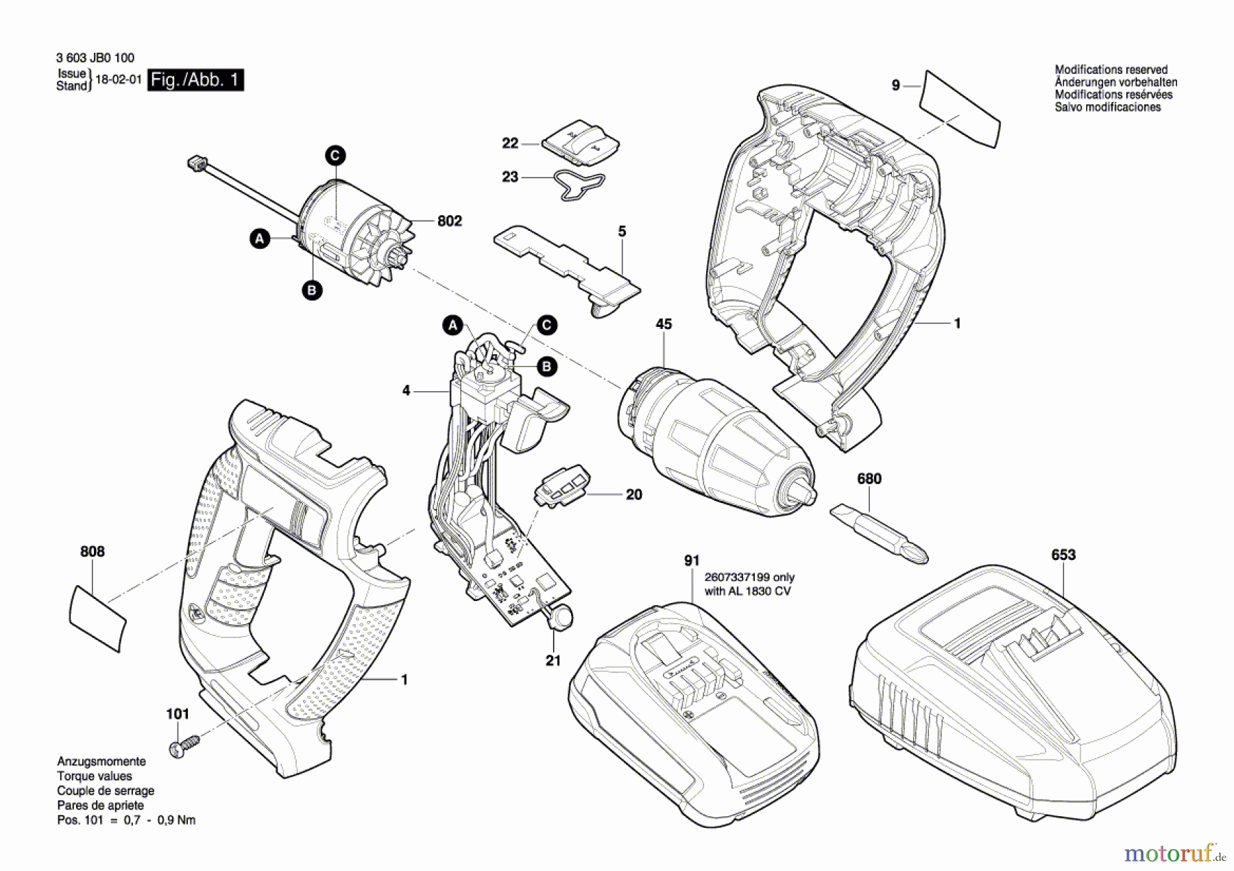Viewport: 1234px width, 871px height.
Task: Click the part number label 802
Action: click(x=449, y=221)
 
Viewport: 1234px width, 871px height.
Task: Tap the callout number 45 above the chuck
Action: click(x=664, y=324)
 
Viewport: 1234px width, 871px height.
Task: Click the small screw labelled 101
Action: click(x=183, y=746)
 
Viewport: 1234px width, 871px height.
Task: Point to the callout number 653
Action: click(x=1063, y=554)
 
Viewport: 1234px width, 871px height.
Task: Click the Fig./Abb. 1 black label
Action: click(x=195, y=80)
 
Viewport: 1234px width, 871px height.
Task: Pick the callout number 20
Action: click(x=634, y=495)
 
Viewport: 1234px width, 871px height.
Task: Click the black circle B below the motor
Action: click(x=312, y=291)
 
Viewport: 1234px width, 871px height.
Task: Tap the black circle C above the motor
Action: click(x=335, y=156)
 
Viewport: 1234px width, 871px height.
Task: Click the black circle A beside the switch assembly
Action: click(x=452, y=326)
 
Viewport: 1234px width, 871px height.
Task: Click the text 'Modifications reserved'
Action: click(x=1111, y=69)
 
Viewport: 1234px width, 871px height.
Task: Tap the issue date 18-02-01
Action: click(x=118, y=79)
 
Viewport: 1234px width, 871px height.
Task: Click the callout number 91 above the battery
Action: click(x=692, y=561)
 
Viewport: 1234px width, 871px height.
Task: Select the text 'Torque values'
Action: click(x=95, y=776)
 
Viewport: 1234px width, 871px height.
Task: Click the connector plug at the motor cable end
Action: click(x=197, y=163)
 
